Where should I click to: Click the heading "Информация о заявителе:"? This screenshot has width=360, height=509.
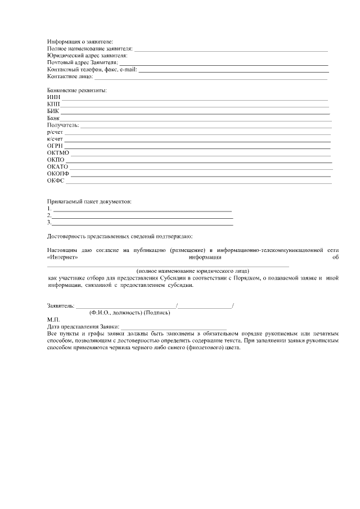pyautogui.click(x=80, y=42)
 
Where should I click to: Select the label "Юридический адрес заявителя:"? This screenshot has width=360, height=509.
pyautogui.click(x=87, y=56)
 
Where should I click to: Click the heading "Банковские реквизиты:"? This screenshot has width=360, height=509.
pyautogui.click(x=78, y=90)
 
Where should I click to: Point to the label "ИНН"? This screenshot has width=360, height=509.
pyautogui.click(x=54, y=97)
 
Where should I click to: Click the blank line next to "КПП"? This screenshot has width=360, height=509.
pyautogui.click(x=194, y=105)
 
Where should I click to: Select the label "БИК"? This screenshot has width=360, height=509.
pyautogui.click(x=54, y=111)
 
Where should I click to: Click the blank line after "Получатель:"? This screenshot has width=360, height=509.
pyautogui.click(x=205, y=126)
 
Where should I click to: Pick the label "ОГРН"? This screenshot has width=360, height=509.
pyautogui.click(x=55, y=146)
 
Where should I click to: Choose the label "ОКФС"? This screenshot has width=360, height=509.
pyautogui.click(x=56, y=181)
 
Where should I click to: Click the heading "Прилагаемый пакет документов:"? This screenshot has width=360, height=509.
pyautogui.click(x=90, y=201)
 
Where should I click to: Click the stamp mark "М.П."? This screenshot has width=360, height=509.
pyautogui.click(x=52, y=319)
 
